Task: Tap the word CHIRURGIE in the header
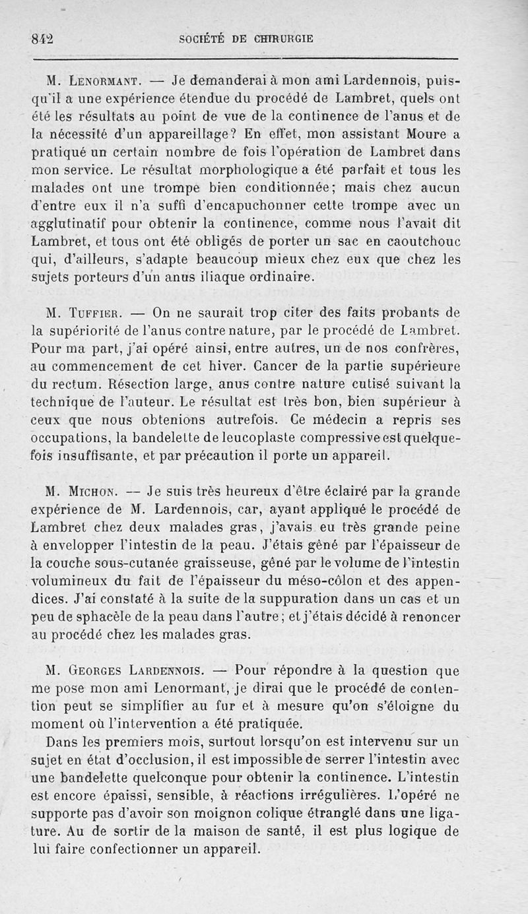pyautogui.click(x=281, y=39)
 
